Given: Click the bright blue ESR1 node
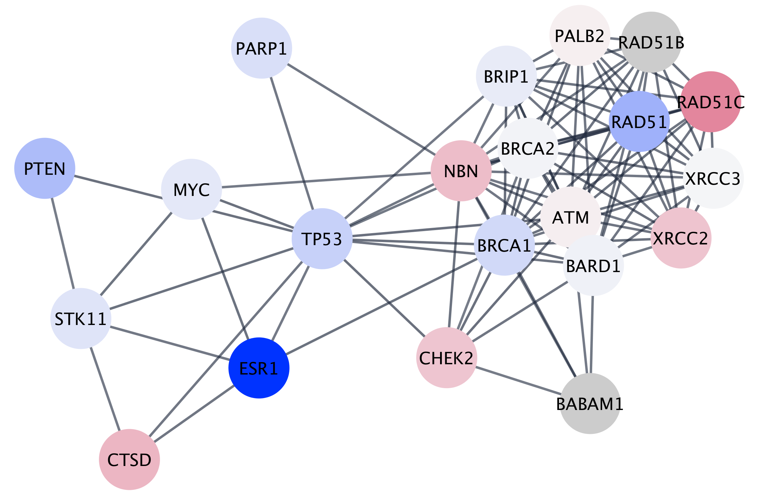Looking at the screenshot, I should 259,368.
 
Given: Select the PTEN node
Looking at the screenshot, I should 45,168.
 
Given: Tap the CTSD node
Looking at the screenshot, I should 129,459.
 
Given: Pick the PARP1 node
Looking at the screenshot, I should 261,48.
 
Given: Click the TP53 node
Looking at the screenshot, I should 322,239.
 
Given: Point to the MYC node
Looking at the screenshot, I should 191,189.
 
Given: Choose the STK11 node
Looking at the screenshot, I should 81,319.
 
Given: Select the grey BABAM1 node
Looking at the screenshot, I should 590,404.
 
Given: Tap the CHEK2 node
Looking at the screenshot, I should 446,358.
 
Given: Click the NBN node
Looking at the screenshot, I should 461,171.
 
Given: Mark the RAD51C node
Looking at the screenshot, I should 711,102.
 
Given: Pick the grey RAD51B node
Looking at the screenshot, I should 651,42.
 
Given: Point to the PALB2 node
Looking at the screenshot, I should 580,36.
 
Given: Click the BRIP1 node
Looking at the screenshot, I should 506,76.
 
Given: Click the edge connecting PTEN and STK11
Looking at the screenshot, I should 63,243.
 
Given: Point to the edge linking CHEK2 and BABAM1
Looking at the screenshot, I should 518,380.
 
